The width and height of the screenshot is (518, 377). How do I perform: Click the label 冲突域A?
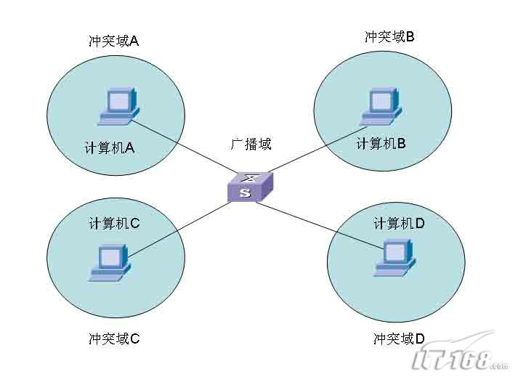(x=113, y=41)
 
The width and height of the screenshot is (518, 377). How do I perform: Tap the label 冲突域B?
(x=389, y=36)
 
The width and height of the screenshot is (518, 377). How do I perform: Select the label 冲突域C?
(x=114, y=339)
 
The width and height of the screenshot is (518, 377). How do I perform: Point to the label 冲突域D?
(x=399, y=339)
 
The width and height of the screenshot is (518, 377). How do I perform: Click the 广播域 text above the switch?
(x=251, y=144)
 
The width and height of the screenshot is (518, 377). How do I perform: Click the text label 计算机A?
(x=110, y=147)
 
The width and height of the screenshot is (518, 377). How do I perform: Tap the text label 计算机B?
(x=381, y=144)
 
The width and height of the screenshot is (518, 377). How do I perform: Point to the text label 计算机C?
(x=114, y=224)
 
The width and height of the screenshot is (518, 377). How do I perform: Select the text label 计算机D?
(x=399, y=224)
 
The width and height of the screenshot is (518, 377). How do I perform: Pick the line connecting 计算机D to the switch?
(x=320, y=227)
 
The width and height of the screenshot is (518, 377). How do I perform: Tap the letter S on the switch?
(x=246, y=193)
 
